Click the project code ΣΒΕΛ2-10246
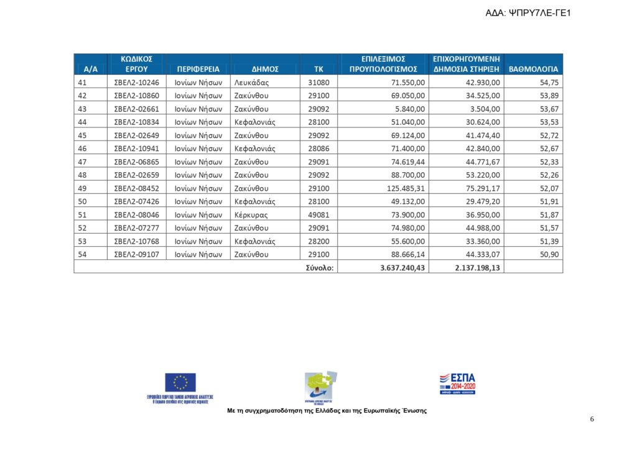pyautogui.click(x=136, y=82)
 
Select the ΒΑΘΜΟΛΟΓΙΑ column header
pyautogui.click(x=533, y=69)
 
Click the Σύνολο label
pyautogui.click(x=320, y=267)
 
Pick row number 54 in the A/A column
pyautogui.click(x=82, y=254)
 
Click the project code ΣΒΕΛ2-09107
pyautogui.click(x=136, y=254)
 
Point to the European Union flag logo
pyautogui.click(x=180, y=382)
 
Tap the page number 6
pyautogui.click(x=592, y=419)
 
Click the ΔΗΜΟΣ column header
pyautogui.click(x=264, y=69)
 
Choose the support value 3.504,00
pyautogui.click(x=481, y=109)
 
